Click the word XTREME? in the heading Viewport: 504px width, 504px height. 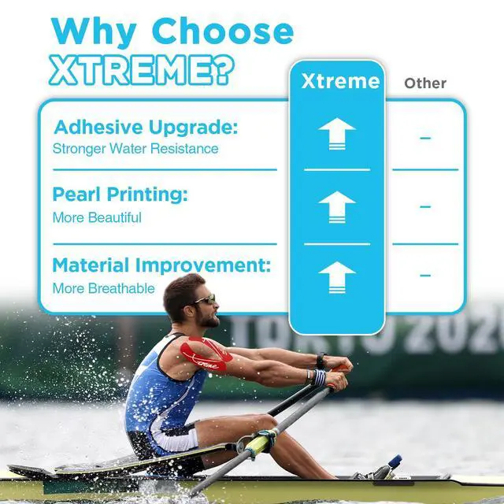tap(142, 70)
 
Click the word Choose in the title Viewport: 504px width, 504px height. tap(223, 31)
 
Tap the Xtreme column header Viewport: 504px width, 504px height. tap(341, 81)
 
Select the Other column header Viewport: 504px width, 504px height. tap(425, 83)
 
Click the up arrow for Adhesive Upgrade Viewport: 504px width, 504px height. tap(337, 134)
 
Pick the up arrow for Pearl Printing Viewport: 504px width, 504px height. tap(337, 207)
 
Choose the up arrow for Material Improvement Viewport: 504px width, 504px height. tap(337, 277)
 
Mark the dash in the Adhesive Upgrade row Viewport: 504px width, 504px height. tap(425, 139)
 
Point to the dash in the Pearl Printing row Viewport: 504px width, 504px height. tap(425, 206)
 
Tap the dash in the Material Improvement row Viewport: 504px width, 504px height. tap(425, 275)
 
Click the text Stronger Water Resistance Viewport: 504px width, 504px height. tap(135, 149)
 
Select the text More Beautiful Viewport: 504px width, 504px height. tap(97, 217)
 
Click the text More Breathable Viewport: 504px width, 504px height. tap(103, 288)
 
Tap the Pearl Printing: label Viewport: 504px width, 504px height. tap(120, 195)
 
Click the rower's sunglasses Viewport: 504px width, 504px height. tap(205, 299)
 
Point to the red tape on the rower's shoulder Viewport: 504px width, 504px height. tap(206, 354)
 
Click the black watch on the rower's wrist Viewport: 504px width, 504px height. tap(321, 361)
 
